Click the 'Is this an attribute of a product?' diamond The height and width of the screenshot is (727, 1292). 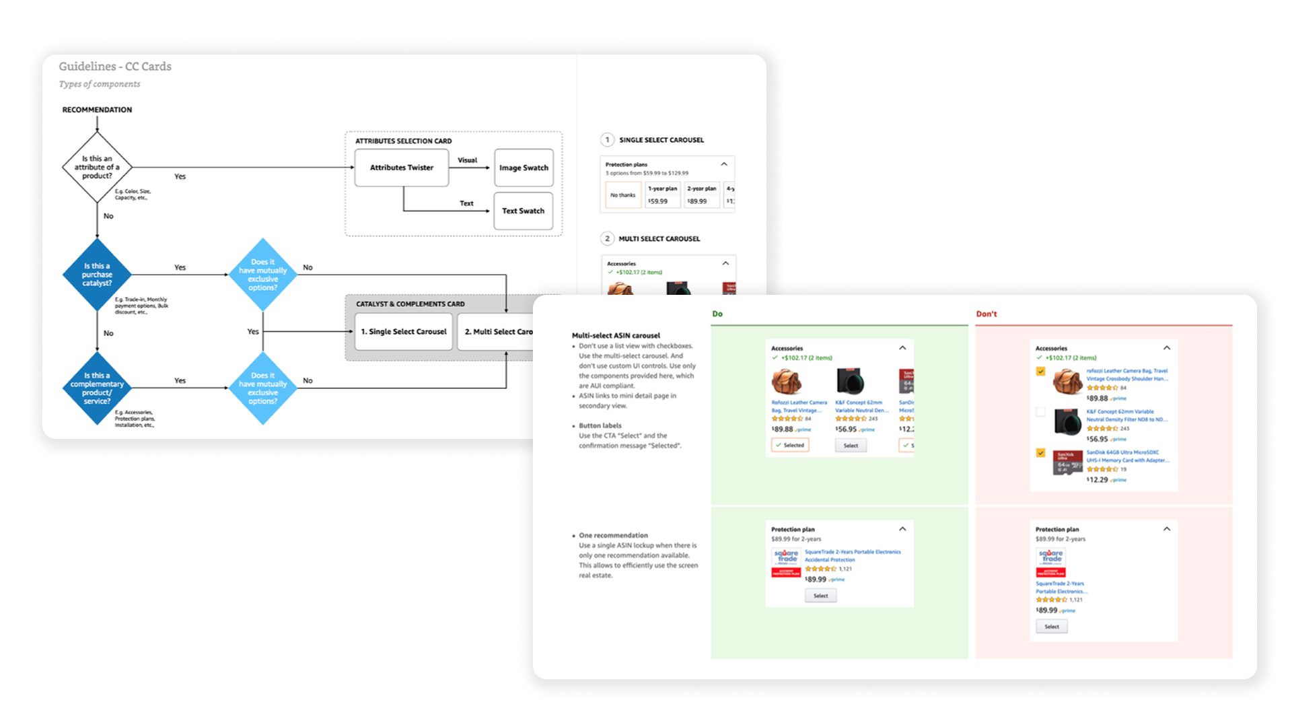pos(97,167)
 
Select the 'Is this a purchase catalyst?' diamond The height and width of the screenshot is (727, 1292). pos(97,274)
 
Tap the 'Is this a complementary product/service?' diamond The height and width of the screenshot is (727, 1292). pos(97,388)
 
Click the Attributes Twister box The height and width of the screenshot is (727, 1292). pos(402,168)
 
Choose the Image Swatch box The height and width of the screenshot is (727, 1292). pos(524,168)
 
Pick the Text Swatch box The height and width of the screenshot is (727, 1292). pos(523,211)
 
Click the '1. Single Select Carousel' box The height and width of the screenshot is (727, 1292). pos(404,331)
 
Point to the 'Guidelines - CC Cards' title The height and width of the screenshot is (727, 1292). pos(115,66)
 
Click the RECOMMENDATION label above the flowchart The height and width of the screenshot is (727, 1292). pos(97,110)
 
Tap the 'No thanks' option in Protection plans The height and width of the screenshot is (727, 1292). pos(622,195)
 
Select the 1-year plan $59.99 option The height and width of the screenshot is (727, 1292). pos(662,195)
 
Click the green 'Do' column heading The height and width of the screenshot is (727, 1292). pos(717,314)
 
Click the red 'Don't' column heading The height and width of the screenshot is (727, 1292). pos(986,314)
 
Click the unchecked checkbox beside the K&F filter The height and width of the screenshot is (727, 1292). pos(1041,412)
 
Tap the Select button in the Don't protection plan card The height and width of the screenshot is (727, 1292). pos(1052,627)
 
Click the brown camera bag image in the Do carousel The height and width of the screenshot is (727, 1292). pos(786,382)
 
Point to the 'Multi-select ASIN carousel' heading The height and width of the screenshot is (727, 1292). pos(616,335)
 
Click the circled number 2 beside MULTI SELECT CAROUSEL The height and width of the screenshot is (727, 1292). pos(607,238)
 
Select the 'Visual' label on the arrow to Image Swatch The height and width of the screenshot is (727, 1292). pos(467,160)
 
